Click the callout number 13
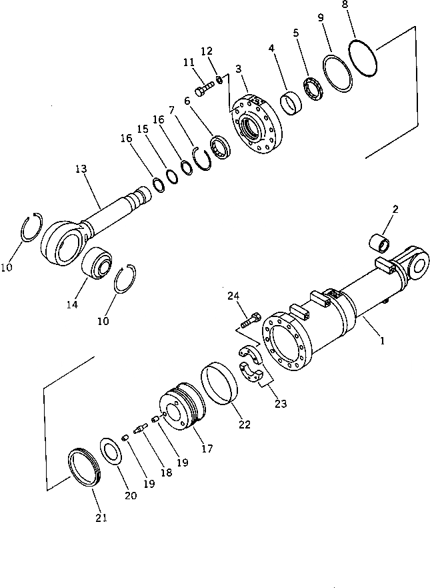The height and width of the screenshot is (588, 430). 81,170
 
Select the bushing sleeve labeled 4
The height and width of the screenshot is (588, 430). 291,103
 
